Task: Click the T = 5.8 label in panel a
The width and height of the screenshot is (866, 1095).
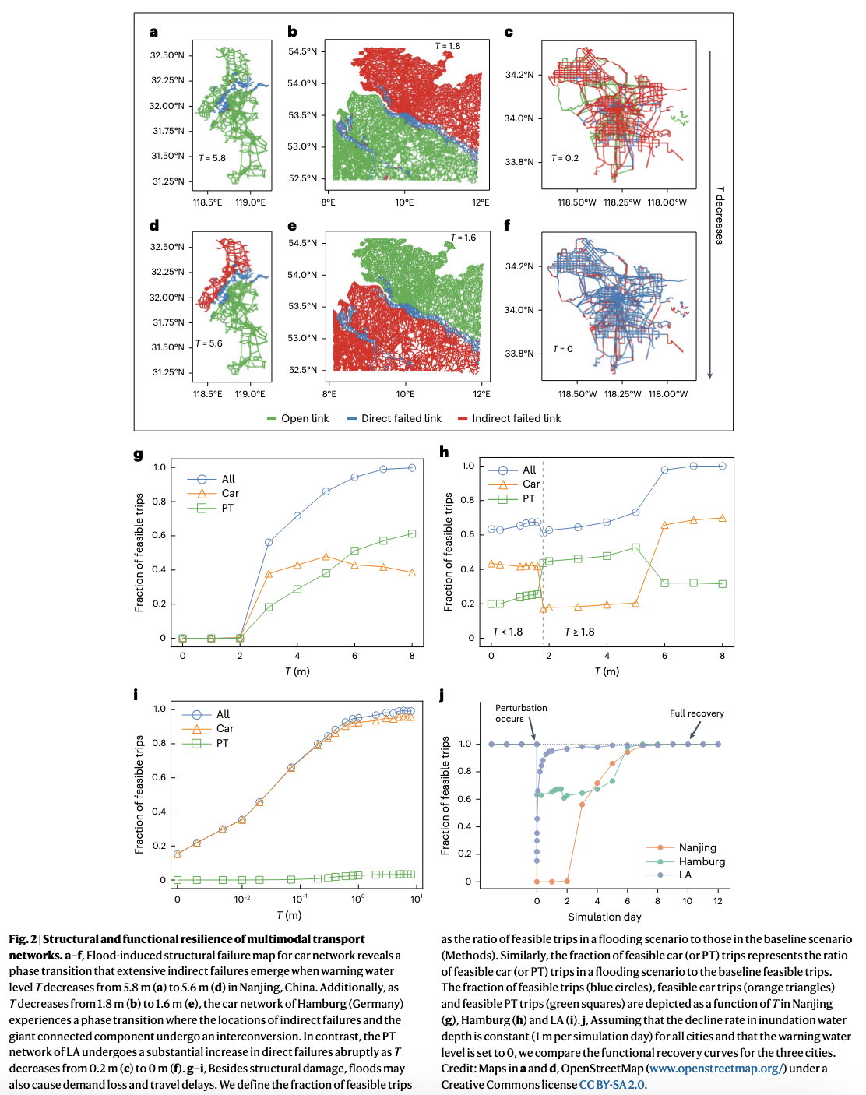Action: point(212,158)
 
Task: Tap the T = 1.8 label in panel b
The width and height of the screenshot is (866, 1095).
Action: point(448,46)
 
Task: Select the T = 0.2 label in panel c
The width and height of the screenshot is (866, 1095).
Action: point(565,158)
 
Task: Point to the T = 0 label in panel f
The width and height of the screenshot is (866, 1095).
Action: point(563,349)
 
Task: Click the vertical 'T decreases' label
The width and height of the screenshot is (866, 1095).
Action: point(720,215)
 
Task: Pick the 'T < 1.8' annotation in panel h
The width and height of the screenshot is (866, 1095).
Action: point(508,632)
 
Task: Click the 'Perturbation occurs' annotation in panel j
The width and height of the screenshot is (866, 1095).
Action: point(521,713)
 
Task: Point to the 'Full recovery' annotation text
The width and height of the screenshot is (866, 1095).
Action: point(696,713)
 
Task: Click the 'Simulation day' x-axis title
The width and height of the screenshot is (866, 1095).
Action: point(604,917)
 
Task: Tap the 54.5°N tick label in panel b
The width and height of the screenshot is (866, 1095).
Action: point(303,51)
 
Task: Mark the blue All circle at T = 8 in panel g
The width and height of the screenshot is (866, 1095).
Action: point(412,468)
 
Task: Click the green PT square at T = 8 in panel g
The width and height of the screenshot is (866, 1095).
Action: point(412,533)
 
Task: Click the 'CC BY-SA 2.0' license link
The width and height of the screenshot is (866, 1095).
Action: point(612,1085)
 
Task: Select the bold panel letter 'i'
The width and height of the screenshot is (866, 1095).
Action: point(137,693)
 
